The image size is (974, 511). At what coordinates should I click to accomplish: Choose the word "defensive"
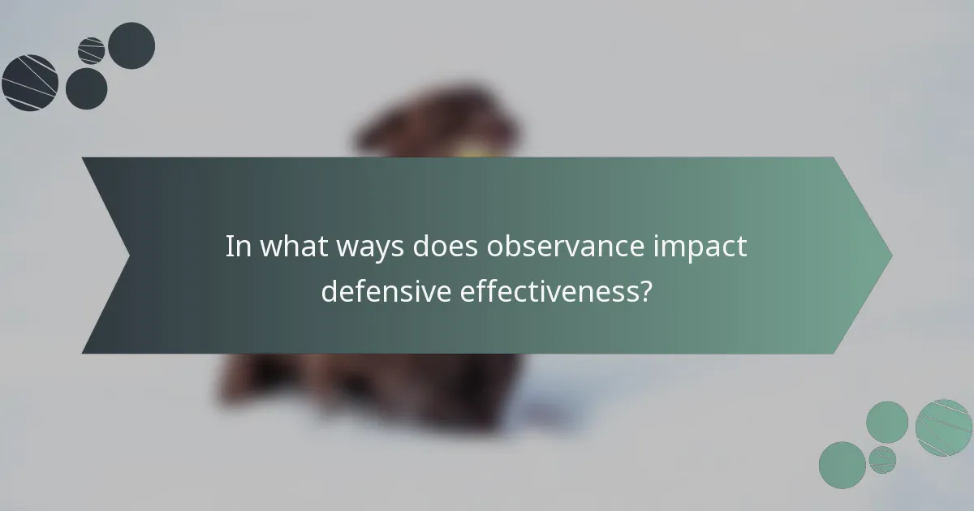(385, 290)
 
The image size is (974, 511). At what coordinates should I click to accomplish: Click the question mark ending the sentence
(645, 290)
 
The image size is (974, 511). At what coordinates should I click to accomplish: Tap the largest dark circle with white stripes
(30, 82)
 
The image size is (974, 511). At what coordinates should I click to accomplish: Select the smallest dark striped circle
(92, 50)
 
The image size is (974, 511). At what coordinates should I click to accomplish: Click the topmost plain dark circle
(131, 45)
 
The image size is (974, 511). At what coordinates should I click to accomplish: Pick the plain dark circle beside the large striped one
(86, 88)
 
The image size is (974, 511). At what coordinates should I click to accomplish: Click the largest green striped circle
(944, 427)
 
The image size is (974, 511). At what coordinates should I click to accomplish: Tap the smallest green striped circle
(882, 459)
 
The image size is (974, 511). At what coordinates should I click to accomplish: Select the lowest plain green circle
(842, 465)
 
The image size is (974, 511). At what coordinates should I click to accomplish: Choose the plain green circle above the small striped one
(886, 422)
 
